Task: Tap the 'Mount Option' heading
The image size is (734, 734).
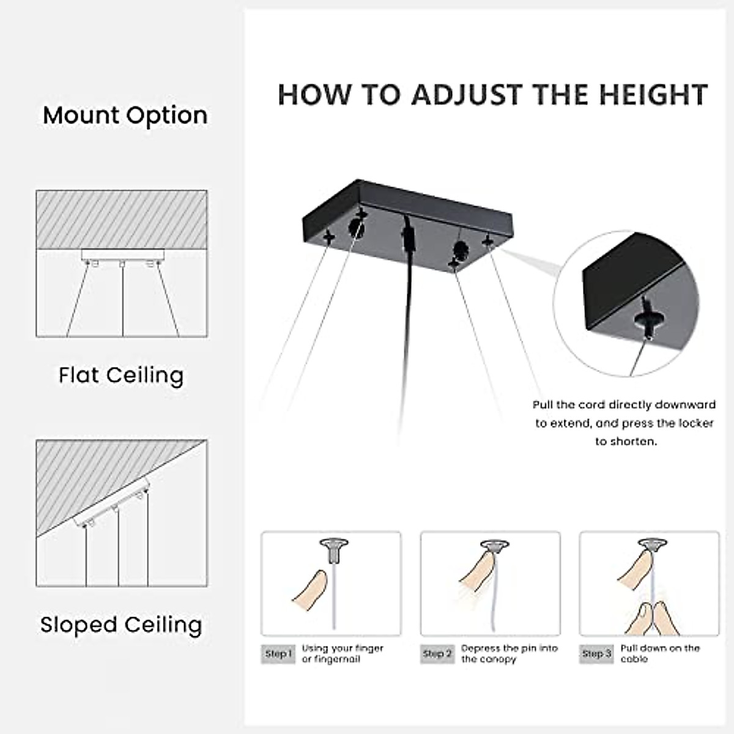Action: coord(125,116)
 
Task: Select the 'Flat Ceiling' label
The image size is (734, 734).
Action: coord(121,375)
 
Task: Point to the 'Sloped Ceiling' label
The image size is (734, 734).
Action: coord(121,625)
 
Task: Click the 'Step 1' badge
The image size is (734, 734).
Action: coord(279,654)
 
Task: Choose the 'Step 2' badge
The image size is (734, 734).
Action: coord(437,654)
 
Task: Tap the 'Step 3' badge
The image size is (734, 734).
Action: coord(596,654)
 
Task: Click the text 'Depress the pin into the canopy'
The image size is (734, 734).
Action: coord(509,654)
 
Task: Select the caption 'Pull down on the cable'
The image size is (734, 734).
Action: coord(659,654)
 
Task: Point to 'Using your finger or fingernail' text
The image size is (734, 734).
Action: coord(343,654)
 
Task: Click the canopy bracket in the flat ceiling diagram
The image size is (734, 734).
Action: coord(122,254)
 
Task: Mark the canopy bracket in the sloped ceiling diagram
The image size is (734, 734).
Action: coord(113,503)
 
